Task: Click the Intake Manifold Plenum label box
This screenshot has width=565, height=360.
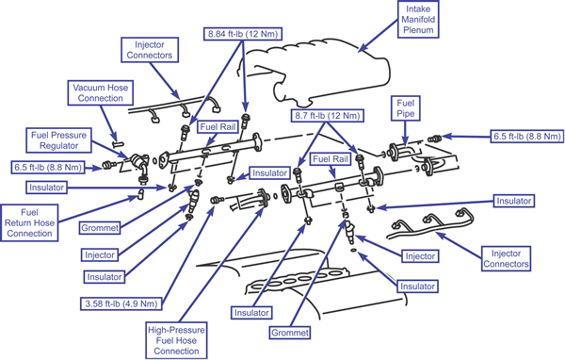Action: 418,19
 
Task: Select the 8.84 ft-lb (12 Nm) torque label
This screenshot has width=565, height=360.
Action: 243,34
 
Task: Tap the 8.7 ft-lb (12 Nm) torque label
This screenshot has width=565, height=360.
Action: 327,116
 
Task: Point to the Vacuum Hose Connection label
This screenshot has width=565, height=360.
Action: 101,92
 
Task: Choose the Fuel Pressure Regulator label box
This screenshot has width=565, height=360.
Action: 58,140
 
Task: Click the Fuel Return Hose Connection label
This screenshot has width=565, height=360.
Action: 29,223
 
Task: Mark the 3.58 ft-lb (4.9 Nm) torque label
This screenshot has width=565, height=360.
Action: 121,303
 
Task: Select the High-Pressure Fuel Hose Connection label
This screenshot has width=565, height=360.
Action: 176,340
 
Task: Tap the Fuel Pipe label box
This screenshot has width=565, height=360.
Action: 405,108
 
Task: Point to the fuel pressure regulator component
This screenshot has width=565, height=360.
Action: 138,162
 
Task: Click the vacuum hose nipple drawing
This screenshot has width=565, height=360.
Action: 118,144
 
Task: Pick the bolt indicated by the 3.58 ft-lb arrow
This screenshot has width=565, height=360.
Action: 217,200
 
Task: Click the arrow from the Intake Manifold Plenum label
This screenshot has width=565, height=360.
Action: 379,35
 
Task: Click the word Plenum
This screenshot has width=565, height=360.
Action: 418,30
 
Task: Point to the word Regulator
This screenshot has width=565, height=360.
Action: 58,146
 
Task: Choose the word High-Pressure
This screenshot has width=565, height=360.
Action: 176,330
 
